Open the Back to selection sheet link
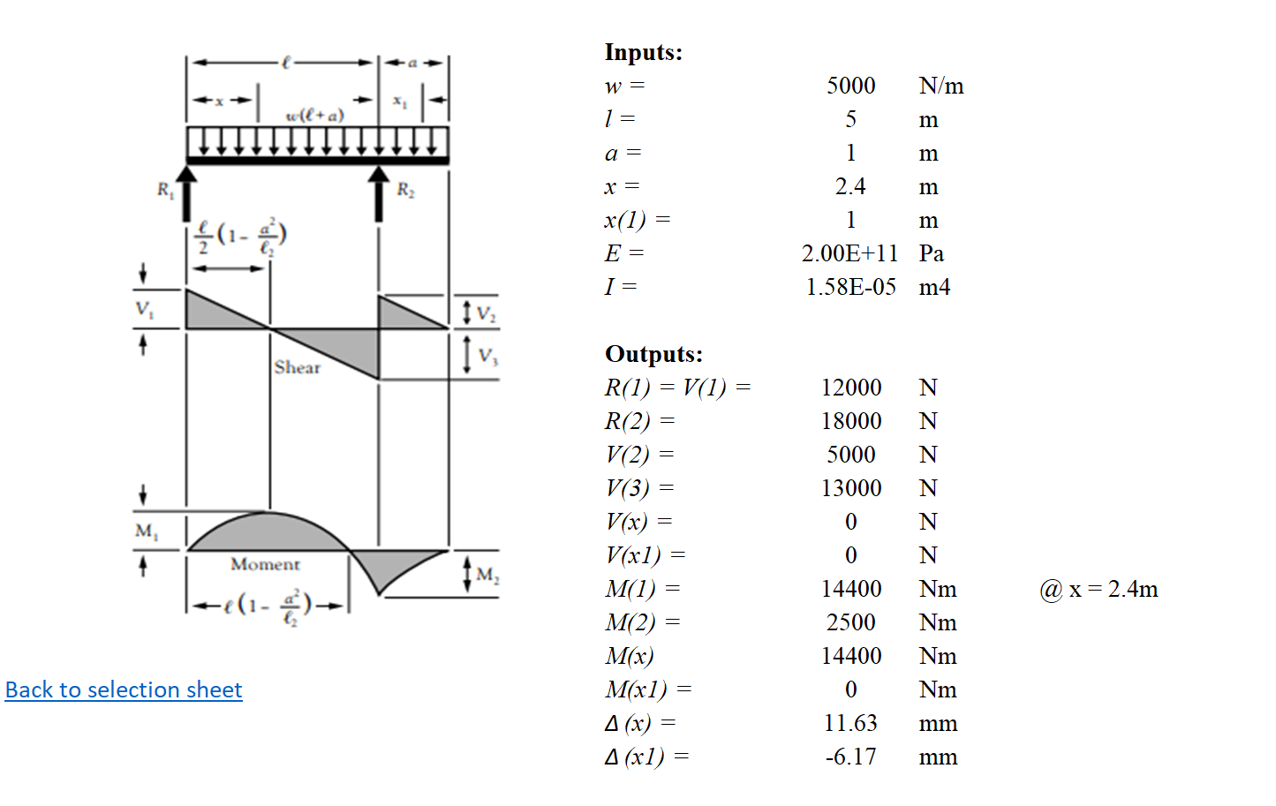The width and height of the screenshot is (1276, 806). click(x=124, y=689)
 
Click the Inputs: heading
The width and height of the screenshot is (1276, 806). click(x=643, y=52)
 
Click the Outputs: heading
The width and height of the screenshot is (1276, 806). click(x=653, y=354)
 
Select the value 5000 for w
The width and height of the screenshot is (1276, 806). click(x=850, y=86)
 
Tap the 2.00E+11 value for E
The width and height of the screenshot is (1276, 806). click(x=849, y=252)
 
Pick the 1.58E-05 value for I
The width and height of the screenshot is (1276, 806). click(x=850, y=287)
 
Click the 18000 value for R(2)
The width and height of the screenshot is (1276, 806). click(x=850, y=421)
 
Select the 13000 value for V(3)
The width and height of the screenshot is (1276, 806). click(x=850, y=488)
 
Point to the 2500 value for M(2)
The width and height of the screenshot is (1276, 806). click(x=850, y=622)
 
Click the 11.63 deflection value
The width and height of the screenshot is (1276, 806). click(x=850, y=723)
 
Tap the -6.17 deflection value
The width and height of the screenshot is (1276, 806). click(x=850, y=757)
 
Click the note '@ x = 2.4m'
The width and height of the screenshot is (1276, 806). click(x=1099, y=589)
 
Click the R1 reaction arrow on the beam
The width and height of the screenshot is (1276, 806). click(x=186, y=192)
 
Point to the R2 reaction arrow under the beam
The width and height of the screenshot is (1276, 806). click(x=379, y=192)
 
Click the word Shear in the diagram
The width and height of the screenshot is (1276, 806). click(x=297, y=367)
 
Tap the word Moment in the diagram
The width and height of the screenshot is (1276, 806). click(x=265, y=564)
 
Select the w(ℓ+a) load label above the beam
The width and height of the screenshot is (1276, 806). click(x=314, y=115)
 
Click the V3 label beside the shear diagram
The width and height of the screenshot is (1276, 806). click(x=487, y=356)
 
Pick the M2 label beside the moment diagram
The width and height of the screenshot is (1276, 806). click(x=487, y=574)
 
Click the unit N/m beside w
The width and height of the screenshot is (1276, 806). click(x=941, y=86)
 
